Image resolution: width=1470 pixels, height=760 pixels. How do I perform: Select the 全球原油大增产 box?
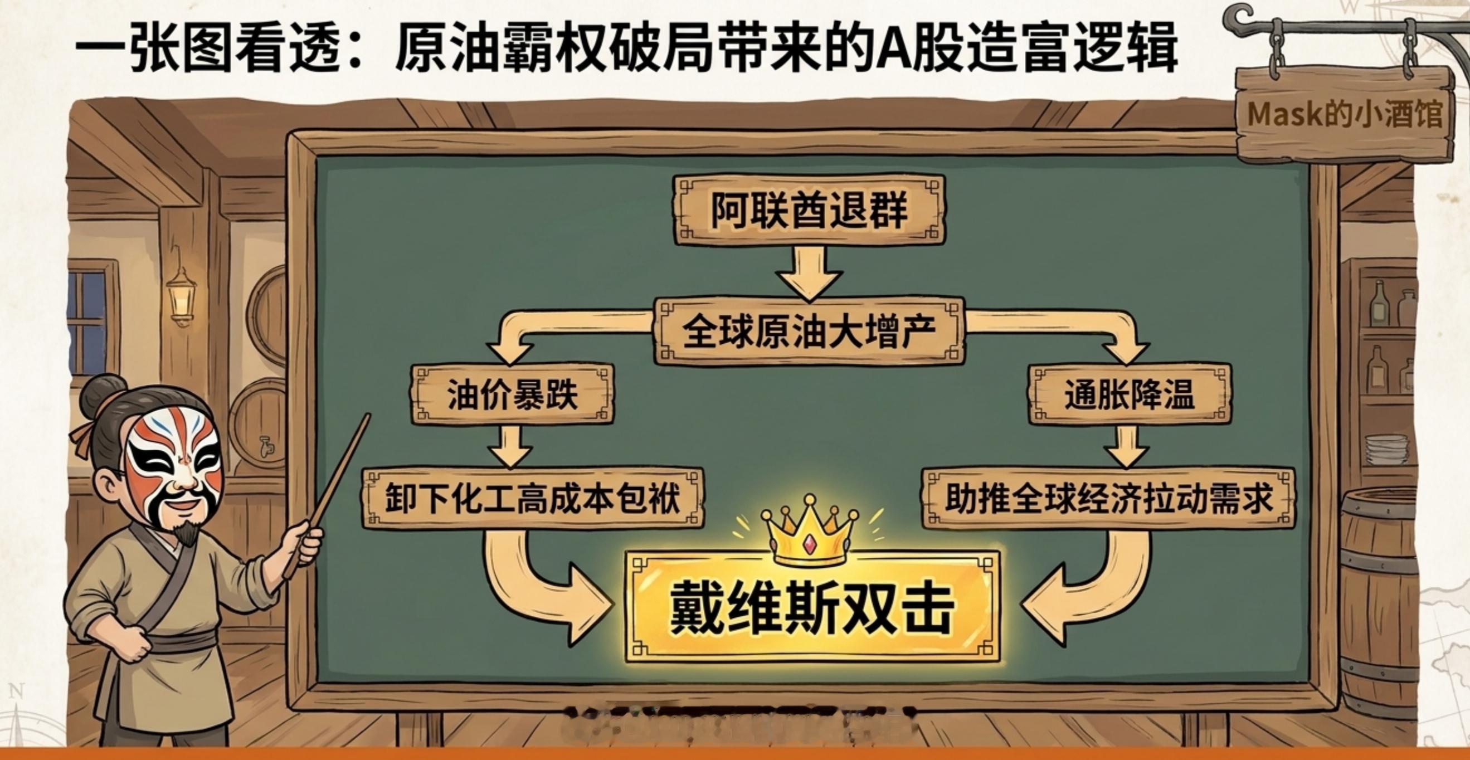(x=809, y=331)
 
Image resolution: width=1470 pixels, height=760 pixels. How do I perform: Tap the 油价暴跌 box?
(x=512, y=394)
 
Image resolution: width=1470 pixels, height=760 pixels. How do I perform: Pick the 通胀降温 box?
(x=1130, y=394)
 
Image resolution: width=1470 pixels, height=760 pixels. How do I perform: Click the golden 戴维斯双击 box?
(x=812, y=608)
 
